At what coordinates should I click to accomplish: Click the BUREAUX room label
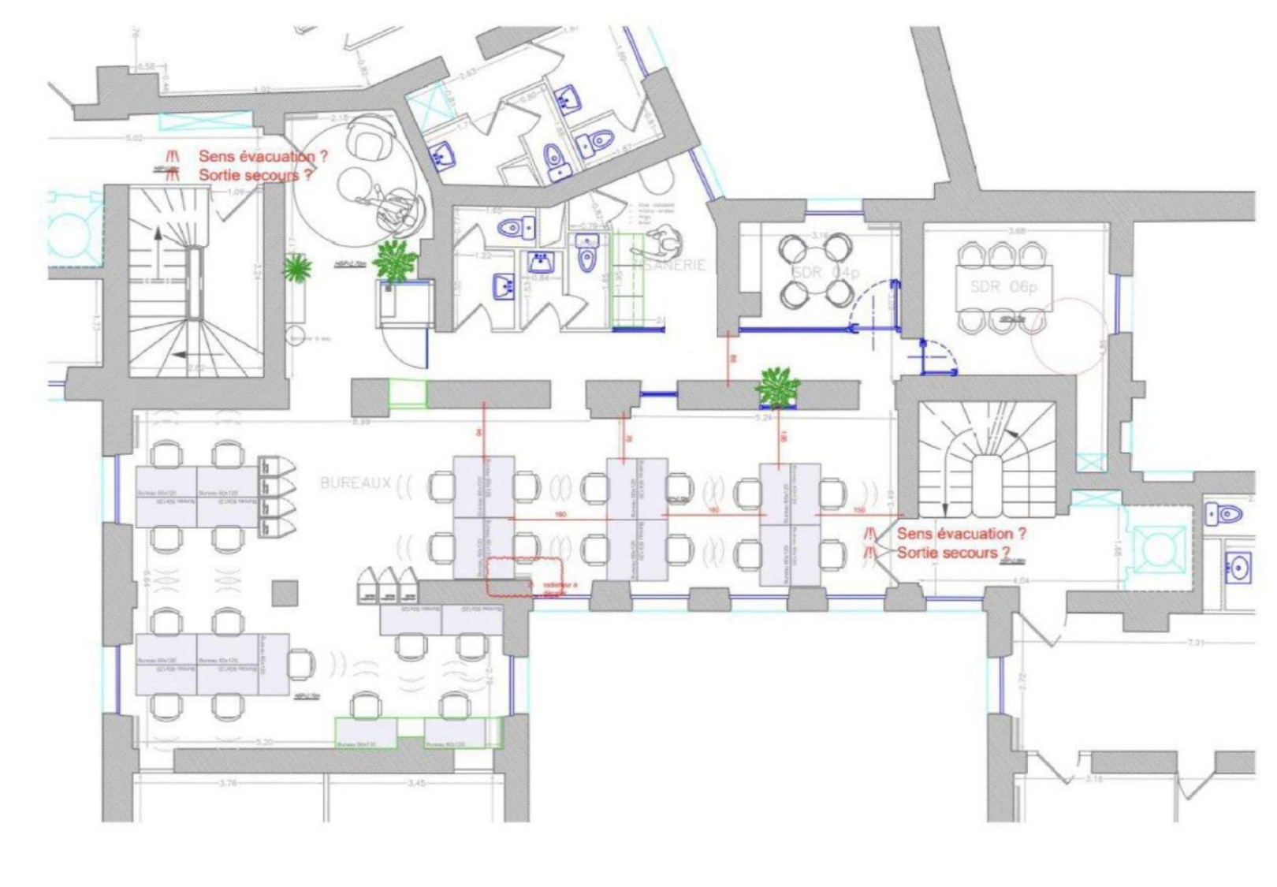click(x=356, y=483)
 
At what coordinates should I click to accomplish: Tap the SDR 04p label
click(x=825, y=273)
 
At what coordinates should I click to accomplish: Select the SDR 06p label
click(x=1003, y=287)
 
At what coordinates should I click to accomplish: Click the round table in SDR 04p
click(x=815, y=271)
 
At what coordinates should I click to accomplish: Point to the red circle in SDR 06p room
click(x=1069, y=335)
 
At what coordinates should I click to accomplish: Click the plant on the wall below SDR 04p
click(x=777, y=387)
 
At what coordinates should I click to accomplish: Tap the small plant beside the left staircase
click(x=296, y=269)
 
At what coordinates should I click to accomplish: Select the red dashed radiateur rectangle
click(x=512, y=576)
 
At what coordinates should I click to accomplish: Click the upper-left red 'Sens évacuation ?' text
click(x=262, y=156)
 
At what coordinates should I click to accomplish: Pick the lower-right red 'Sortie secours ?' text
click(x=953, y=553)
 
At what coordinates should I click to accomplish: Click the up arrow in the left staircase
click(x=158, y=235)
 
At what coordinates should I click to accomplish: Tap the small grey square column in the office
click(x=285, y=593)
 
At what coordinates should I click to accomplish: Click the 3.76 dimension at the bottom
click(x=228, y=783)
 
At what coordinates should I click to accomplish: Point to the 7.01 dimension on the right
click(x=1195, y=643)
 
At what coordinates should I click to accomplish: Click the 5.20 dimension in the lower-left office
click(x=265, y=742)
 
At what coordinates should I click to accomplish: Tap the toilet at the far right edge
click(x=1225, y=515)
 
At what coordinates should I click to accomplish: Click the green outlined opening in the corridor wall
click(x=408, y=393)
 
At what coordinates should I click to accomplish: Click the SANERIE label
click(x=675, y=265)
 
